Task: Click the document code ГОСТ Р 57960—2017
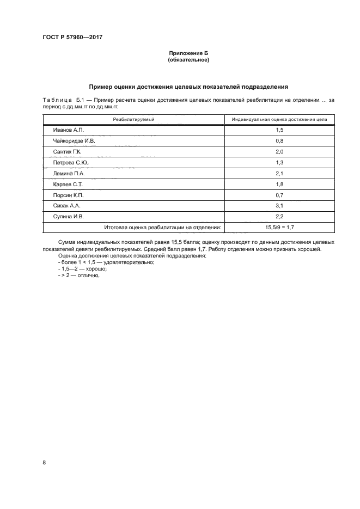click(72, 38)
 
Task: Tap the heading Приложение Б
click(188, 53)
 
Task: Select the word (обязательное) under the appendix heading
click(188, 60)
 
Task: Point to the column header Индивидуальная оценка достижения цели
click(279, 119)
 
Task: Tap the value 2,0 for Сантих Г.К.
click(279, 152)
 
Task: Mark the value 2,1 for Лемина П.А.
click(279, 174)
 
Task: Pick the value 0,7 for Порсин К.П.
click(279, 195)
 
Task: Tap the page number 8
click(44, 462)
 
